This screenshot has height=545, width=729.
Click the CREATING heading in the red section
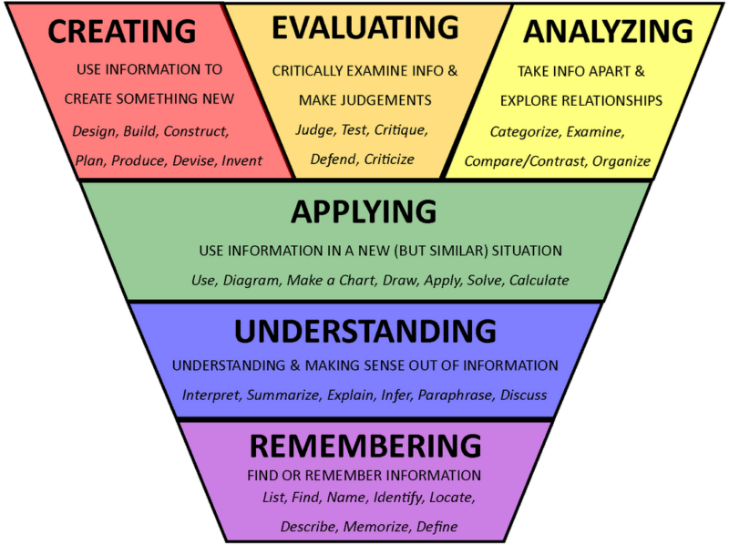click(121, 32)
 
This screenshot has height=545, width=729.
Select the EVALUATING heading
click(364, 28)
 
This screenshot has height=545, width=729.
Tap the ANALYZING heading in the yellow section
click(607, 32)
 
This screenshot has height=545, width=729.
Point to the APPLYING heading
click(364, 212)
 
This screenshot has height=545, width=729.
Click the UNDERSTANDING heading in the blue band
click(365, 331)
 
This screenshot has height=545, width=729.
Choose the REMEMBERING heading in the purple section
click(364, 446)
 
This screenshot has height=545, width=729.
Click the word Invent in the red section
click(242, 160)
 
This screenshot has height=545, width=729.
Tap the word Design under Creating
click(94, 130)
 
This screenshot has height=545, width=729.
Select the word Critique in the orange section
click(399, 129)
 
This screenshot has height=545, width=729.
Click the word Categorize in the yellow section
click(524, 132)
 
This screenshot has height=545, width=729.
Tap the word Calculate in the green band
click(539, 280)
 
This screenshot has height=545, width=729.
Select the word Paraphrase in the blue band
click(456, 396)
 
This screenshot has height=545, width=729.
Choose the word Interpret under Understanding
click(211, 396)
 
